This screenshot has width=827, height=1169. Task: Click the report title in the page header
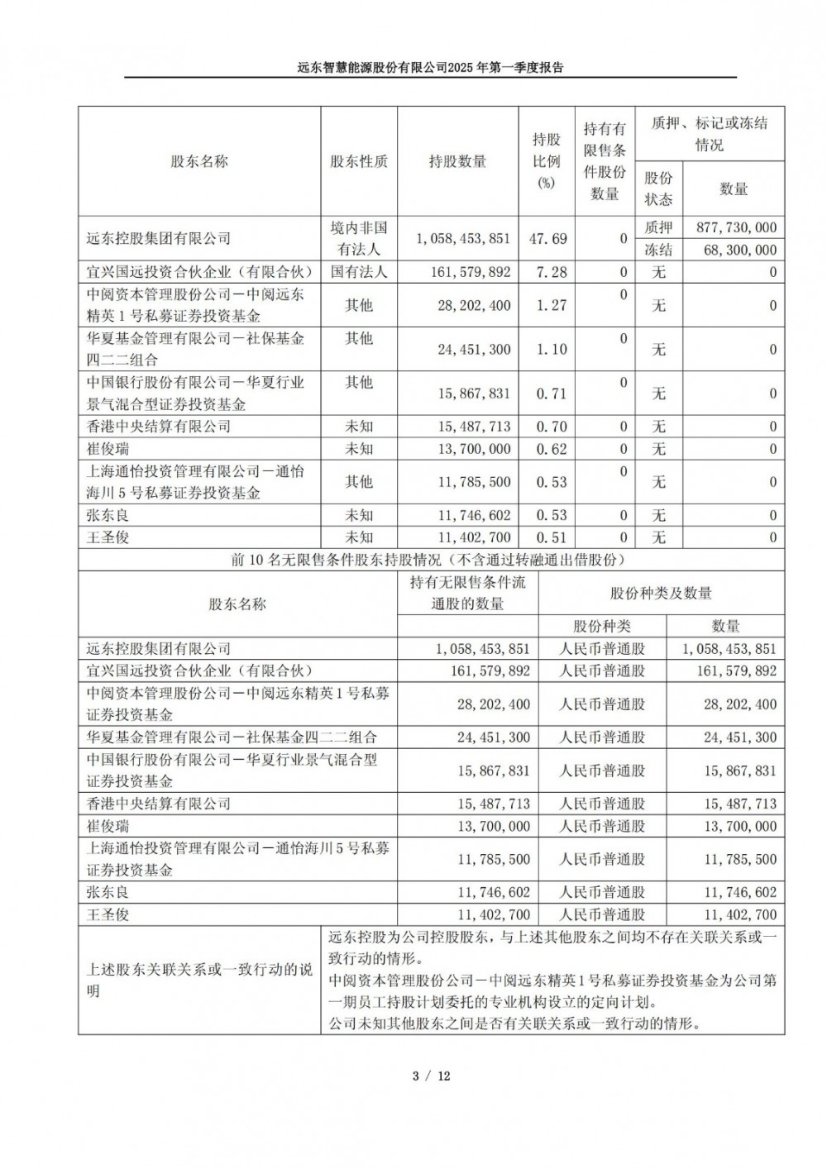point(430,68)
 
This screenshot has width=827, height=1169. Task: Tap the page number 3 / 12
point(430,1076)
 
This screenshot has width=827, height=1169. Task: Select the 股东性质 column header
point(358,161)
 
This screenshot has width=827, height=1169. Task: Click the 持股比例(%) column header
point(546,161)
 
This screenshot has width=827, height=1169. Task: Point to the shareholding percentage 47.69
point(547,238)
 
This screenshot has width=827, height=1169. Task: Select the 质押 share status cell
point(658,227)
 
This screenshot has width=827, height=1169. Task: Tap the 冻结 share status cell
point(658,250)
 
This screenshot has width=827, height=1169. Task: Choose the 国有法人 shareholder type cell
point(358,271)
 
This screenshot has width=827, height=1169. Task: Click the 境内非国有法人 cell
point(358,238)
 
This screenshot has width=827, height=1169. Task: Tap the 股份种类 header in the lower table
point(601,627)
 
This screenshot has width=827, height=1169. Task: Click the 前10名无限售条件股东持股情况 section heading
point(430,560)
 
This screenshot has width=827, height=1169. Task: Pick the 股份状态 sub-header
point(658,188)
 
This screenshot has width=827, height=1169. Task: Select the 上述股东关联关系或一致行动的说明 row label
point(199,980)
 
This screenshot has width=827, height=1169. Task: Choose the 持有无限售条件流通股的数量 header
point(467,593)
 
